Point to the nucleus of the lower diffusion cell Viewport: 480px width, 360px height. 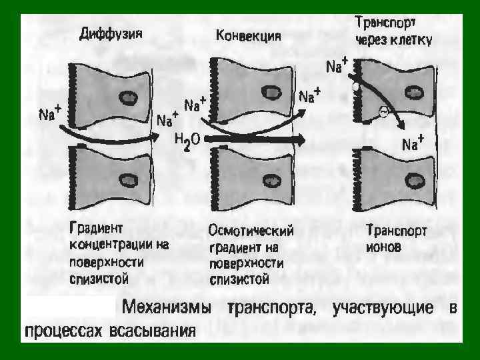[x=127, y=180]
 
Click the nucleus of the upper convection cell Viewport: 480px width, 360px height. [x=271, y=93]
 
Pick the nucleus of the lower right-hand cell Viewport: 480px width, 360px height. [x=415, y=181]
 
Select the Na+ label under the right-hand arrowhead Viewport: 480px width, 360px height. [x=413, y=143]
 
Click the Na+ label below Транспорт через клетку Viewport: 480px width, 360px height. [x=337, y=67]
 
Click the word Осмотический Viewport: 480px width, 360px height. [x=251, y=233]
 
